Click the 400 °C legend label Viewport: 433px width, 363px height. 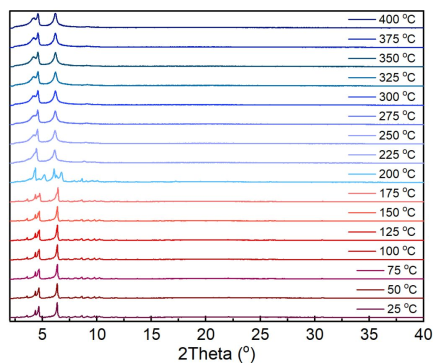pyautogui.click(x=396, y=20)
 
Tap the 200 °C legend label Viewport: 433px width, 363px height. pyautogui.click(x=396, y=174)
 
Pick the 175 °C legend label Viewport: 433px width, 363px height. pyautogui.click(x=396, y=193)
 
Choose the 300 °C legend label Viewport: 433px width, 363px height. pyautogui.click(x=396, y=97)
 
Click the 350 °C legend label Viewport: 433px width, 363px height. pyautogui.click(x=396, y=58)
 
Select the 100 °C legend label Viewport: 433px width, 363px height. pyautogui.click(x=396, y=251)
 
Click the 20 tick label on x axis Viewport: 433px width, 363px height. pyautogui.click(x=205, y=333)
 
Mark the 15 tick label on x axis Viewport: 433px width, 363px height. pyautogui.click(x=151, y=333)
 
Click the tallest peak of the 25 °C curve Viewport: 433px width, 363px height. pyautogui.click(x=57, y=303)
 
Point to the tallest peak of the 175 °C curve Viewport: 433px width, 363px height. pyautogui.click(x=57, y=188)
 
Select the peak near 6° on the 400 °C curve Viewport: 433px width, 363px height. pyautogui.click(x=55, y=14)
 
